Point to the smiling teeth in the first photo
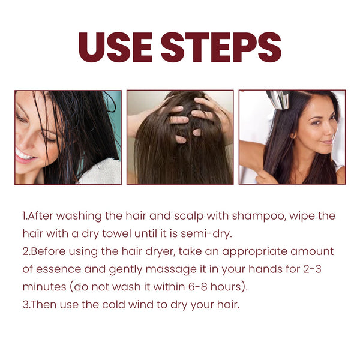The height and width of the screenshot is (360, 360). pos(25,155)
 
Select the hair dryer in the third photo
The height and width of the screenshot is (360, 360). pos(278,100)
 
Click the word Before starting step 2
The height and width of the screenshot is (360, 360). pos(48,251)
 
